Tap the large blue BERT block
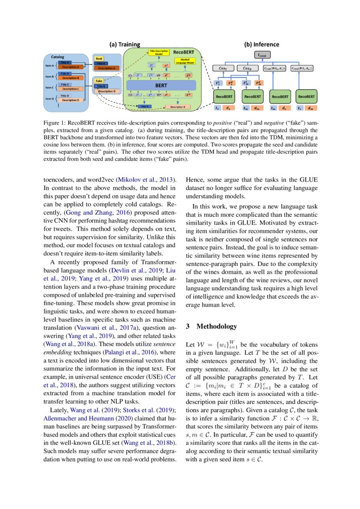point(161,86)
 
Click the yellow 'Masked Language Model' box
point(185,61)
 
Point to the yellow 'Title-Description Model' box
point(152,53)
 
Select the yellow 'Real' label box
point(99,58)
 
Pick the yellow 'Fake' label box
point(99,81)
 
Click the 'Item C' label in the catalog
point(50,87)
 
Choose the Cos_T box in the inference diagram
point(222,68)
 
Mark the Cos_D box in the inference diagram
point(247,68)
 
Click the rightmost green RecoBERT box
point(306,96)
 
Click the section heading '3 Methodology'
point(211,326)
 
